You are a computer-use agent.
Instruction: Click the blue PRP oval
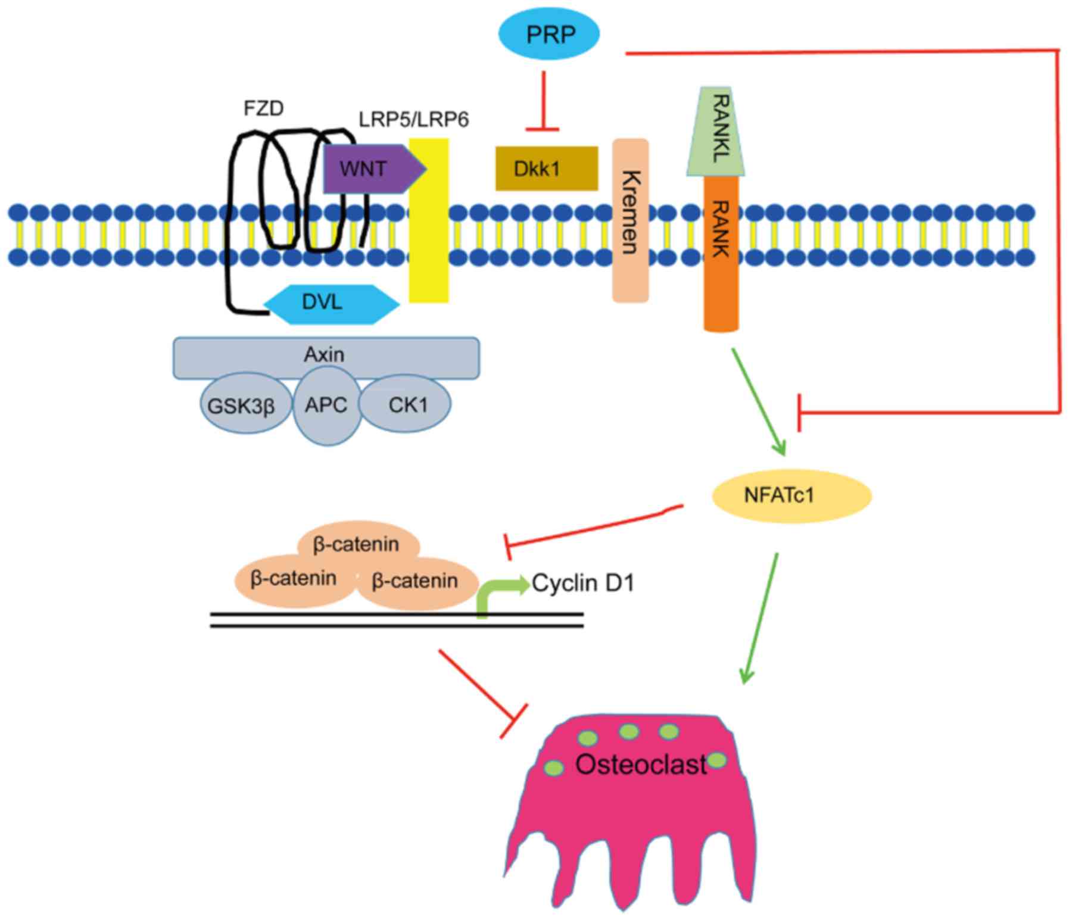coord(548,35)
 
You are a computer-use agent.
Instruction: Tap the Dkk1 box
coord(546,169)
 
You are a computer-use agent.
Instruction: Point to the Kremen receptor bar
coord(631,220)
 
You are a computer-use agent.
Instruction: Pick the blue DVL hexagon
coord(331,303)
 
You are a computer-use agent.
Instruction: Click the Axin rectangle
coord(326,356)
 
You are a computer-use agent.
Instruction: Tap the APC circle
coord(326,406)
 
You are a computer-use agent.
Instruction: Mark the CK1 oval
coord(407,405)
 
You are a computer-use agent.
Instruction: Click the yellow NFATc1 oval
coord(791,495)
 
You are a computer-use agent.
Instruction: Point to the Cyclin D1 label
coord(583,583)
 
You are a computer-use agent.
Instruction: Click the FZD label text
coord(264,108)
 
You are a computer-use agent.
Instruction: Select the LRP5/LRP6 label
coord(413,120)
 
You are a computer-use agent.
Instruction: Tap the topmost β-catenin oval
coord(357,544)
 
